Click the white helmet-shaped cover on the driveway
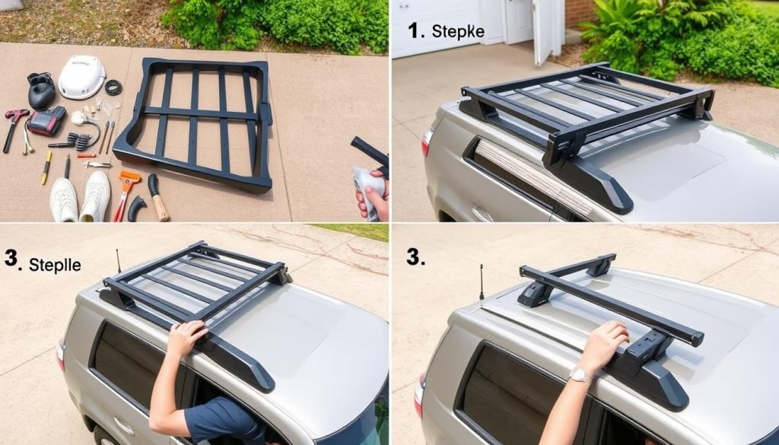(82, 77)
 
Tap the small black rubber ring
(114, 87)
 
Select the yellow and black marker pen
(46, 167)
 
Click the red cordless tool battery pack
(46, 121)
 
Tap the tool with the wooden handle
(158, 197)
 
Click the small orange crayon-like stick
(87, 155)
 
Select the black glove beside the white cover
(41, 91)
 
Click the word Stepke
(457, 31)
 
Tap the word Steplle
(55, 265)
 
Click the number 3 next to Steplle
(11, 259)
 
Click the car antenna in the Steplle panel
(119, 261)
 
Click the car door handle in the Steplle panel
(122, 426)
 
